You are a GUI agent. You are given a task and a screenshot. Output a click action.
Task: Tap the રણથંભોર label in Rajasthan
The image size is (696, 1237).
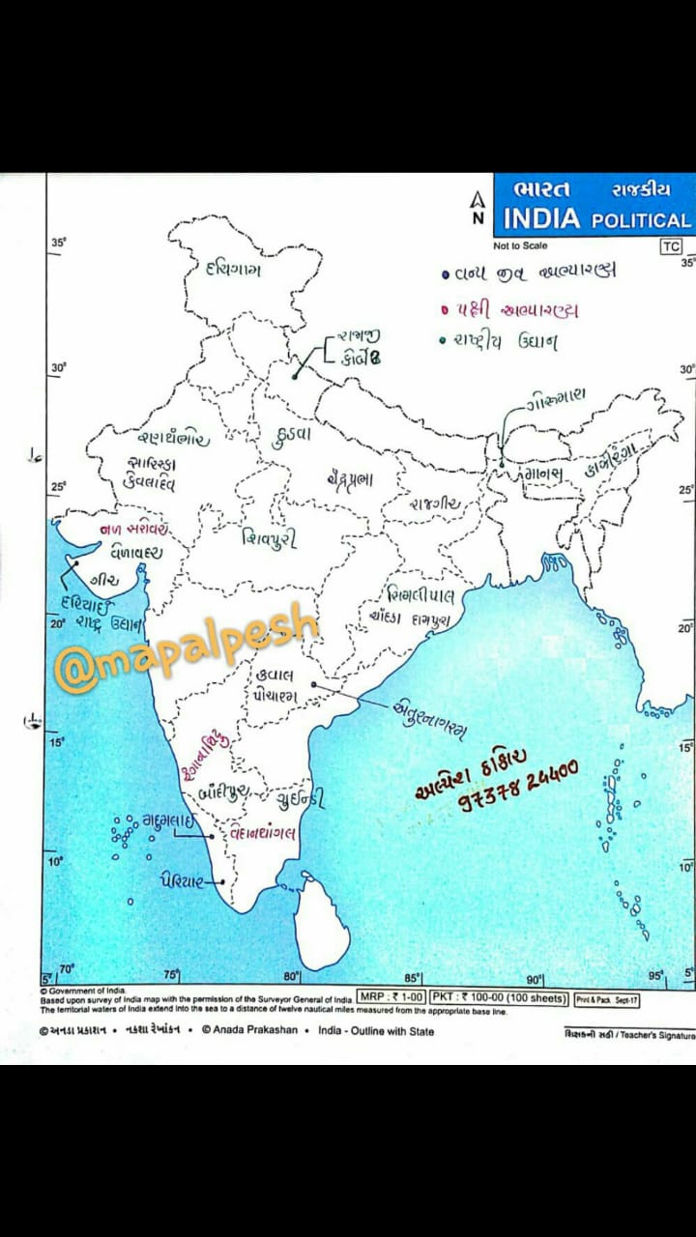172,437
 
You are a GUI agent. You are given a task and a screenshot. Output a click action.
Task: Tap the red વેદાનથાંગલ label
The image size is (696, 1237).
264,832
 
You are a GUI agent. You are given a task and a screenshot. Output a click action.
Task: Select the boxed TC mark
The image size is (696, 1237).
671,246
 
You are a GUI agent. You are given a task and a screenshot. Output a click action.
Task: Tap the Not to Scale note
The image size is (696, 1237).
520,245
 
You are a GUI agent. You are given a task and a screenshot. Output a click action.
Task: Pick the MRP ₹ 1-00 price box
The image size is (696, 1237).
391,996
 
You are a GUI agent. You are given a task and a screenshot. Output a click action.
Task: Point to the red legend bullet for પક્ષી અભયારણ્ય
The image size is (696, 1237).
446,311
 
